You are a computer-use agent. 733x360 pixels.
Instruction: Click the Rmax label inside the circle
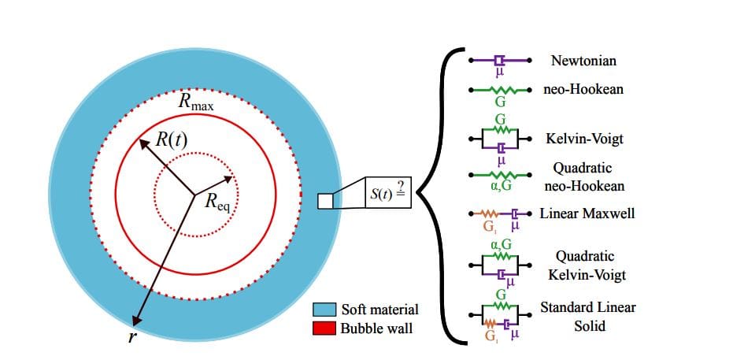[196, 103]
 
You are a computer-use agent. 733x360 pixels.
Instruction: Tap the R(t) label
[172, 140]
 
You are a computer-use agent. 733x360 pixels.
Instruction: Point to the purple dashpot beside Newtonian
[500, 60]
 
